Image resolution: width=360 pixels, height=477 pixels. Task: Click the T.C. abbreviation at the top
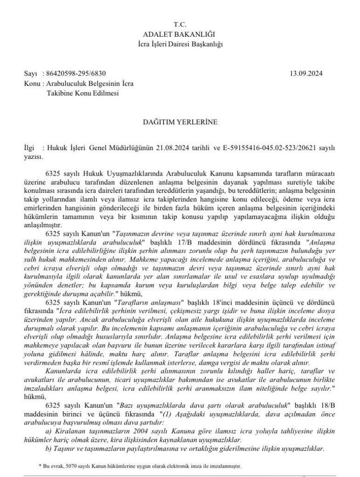pyautogui.click(x=180, y=24)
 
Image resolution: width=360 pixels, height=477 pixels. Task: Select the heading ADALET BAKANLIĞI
pyautogui.click(x=180, y=34)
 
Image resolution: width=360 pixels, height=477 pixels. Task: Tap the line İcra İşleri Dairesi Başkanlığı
pyautogui.click(x=180, y=44)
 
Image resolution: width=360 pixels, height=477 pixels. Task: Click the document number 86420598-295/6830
pyautogui.click(x=75, y=74)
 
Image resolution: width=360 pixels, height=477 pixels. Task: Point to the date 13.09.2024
pyautogui.click(x=306, y=74)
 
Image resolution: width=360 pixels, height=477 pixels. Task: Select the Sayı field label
pyautogui.click(x=30, y=74)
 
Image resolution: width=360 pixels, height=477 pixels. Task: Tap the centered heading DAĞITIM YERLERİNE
pyautogui.click(x=180, y=123)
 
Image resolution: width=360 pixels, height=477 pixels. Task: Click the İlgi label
pyautogui.click(x=29, y=148)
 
